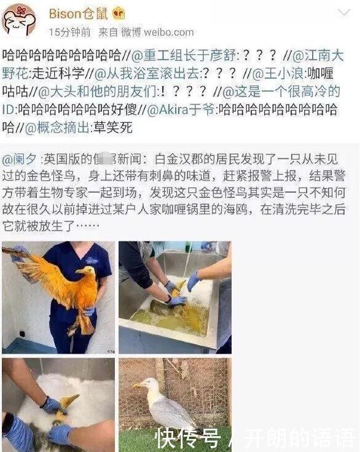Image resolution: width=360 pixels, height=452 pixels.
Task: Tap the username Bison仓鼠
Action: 76,13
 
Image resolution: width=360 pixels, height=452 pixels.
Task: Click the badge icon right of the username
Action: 120,13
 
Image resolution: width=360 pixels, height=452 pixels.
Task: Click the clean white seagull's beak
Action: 136,385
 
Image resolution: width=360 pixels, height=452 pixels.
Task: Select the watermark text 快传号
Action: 187,437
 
